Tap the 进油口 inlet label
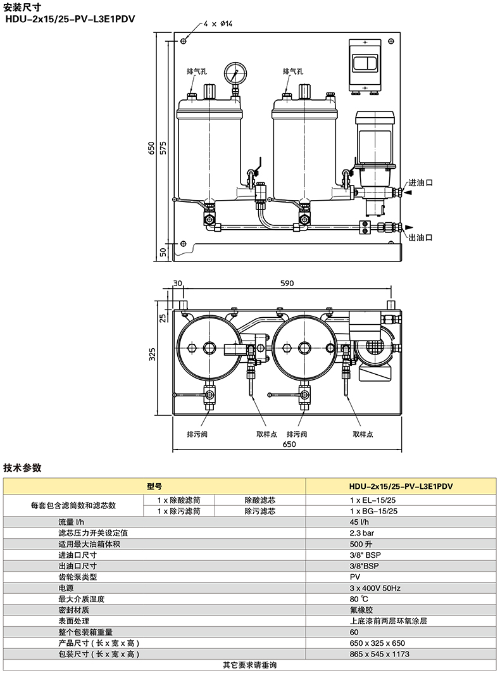tap(420, 182)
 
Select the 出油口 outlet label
tap(420, 237)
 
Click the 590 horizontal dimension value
tap(287, 283)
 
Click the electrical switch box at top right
tap(365, 65)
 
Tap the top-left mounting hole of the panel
tap(184, 41)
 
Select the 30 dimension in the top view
tap(178, 283)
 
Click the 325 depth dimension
tap(153, 354)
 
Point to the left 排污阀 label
tap(197, 434)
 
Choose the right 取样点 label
tap(363, 434)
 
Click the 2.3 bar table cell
tap(362, 533)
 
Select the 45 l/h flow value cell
tap(359, 522)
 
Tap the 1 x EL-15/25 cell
tap(373, 500)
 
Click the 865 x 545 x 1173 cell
tap(379, 654)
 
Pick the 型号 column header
tap(154, 486)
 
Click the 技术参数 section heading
tap(22, 467)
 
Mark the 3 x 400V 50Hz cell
tap(375, 588)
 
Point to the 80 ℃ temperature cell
tap(359, 599)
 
